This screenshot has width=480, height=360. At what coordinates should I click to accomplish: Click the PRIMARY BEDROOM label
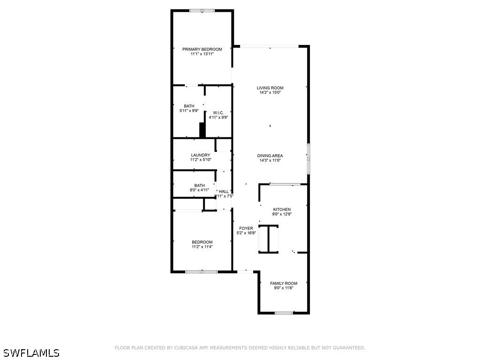pyautogui.click(x=202, y=49)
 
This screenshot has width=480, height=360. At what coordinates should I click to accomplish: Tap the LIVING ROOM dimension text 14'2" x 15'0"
pyautogui.click(x=270, y=93)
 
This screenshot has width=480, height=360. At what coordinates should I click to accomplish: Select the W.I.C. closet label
pyautogui.click(x=218, y=112)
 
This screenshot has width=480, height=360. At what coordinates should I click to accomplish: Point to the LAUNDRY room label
pyautogui.click(x=201, y=155)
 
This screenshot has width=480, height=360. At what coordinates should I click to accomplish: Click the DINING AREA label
pyautogui.click(x=270, y=156)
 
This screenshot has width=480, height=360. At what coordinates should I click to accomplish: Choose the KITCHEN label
pyautogui.click(x=282, y=210)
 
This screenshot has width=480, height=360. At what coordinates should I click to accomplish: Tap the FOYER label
pyautogui.click(x=246, y=228)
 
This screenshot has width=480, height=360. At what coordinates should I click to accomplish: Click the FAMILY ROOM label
pyautogui.click(x=284, y=283)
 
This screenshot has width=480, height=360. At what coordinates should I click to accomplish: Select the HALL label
pyautogui.click(x=224, y=191)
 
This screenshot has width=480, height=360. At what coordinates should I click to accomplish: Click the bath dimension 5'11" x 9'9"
pyautogui.click(x=189, y=111)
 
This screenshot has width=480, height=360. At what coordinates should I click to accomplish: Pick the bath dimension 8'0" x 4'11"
pyautogui.click(x=199, y=190)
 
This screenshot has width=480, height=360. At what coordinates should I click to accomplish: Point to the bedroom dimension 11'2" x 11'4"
pyautogui.click(x=202, y=247)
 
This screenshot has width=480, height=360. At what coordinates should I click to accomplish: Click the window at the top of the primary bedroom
pyautogui.click(x=202, y=10)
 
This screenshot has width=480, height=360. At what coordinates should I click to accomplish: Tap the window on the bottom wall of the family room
pyautogui.click(x=284, y=313)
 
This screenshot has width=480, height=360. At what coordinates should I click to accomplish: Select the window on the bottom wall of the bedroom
pyautogui.click(x=202, y=271)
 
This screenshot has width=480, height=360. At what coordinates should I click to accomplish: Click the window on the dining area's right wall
pyautogui.click(x=308, y=159)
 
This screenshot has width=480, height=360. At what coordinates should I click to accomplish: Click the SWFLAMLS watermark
pyautogui.click(x=31, y=352)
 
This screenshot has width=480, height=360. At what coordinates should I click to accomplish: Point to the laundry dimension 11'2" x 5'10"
pyautogui.click(x=201, y=160)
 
